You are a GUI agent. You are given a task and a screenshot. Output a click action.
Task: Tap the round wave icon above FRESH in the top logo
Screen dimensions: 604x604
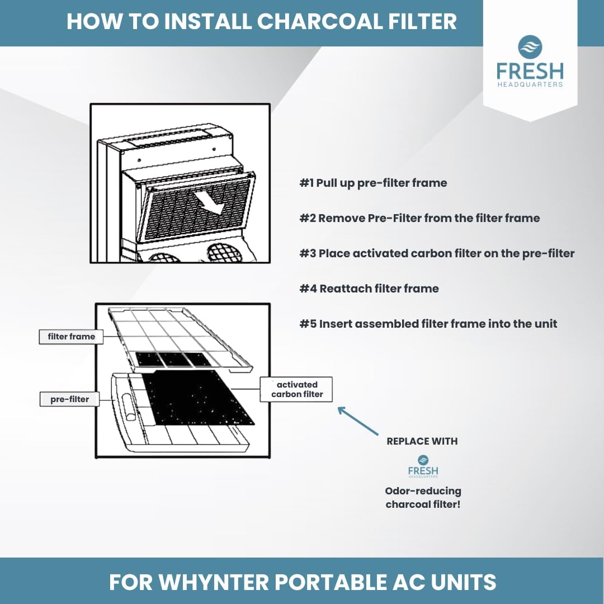(x=530, y=47)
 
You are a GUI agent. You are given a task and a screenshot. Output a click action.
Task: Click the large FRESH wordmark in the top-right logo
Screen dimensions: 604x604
(x=530, y=71)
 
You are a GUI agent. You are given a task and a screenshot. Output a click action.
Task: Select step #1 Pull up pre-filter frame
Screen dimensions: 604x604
(x=373, y=182)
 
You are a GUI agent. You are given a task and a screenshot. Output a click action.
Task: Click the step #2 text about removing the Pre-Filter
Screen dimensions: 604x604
(x=419, y=218)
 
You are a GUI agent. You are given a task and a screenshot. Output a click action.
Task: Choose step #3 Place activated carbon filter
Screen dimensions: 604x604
(x=437, y=253)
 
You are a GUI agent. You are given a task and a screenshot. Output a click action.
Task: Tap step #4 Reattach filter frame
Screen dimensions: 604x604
(x=369, y=289)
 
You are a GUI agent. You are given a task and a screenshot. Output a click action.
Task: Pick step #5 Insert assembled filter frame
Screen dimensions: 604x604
(x=428, y=324)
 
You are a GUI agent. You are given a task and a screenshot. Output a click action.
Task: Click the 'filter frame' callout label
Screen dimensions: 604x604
(x=71, y=337)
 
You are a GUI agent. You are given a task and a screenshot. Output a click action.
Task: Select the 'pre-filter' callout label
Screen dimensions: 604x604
(x=70, y=399)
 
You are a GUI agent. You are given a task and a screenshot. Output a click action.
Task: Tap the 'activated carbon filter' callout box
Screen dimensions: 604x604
(x=296, y=389)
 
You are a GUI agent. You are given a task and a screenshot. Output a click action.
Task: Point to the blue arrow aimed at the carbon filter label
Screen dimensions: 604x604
(x=358, y=421)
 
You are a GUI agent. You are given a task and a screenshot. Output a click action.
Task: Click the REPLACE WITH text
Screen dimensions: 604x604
(x=422, y=441)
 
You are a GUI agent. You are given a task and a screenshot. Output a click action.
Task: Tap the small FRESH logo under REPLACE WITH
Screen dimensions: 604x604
(x=423, y=466)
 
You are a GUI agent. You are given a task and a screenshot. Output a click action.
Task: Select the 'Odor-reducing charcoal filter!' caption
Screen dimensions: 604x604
(x=423, y=498)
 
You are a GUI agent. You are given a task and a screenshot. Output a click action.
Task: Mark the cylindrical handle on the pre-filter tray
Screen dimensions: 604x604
(x=127, y=408)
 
